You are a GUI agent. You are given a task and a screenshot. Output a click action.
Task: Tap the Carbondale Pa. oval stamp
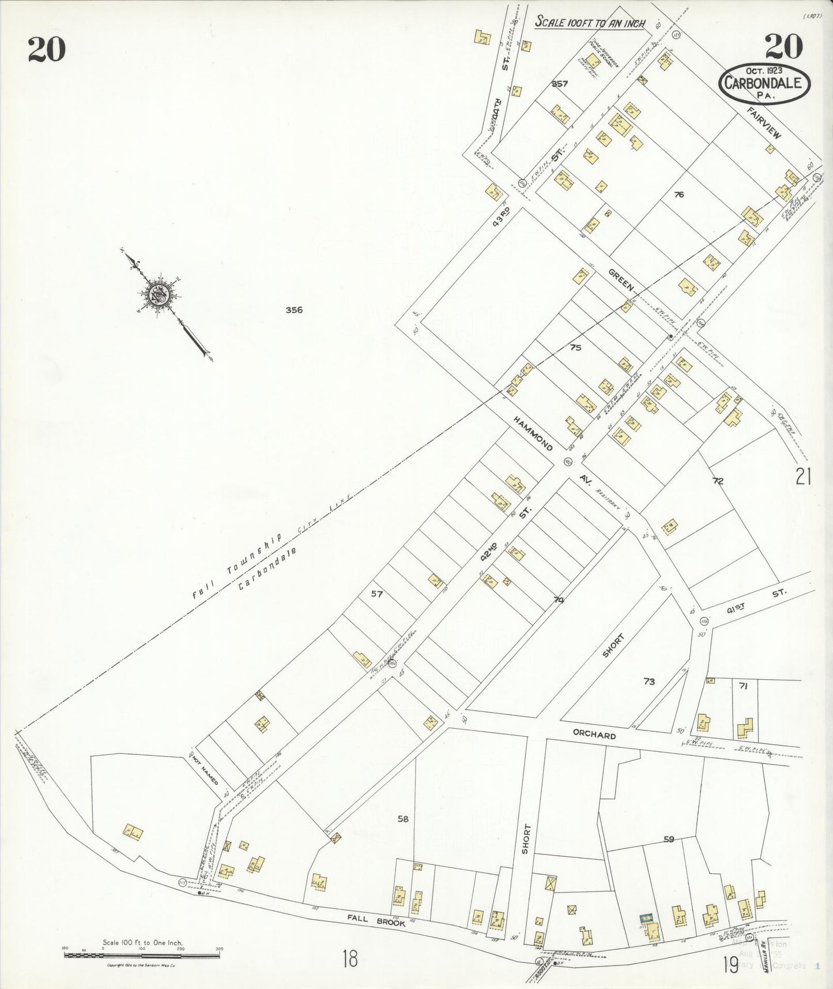click(763, 82)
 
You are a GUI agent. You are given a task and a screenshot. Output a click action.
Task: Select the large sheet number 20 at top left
click(46, 49)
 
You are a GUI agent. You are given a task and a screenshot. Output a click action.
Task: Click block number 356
click(294, 310)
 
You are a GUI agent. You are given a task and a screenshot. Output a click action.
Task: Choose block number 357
click(559, 84)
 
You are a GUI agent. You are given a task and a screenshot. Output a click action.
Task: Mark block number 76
click(679, 194)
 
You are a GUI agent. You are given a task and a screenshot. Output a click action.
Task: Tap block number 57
click(376, 593)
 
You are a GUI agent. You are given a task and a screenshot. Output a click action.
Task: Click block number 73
click(649, 681)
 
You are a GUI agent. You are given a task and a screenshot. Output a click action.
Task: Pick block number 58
click(403, 818)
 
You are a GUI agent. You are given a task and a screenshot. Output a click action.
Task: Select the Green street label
click(620, 279)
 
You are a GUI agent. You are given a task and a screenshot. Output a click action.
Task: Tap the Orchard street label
click(594, 736)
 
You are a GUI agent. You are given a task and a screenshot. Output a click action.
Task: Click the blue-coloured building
click(646, 917)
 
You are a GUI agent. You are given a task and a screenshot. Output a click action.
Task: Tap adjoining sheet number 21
click(803, 477)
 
